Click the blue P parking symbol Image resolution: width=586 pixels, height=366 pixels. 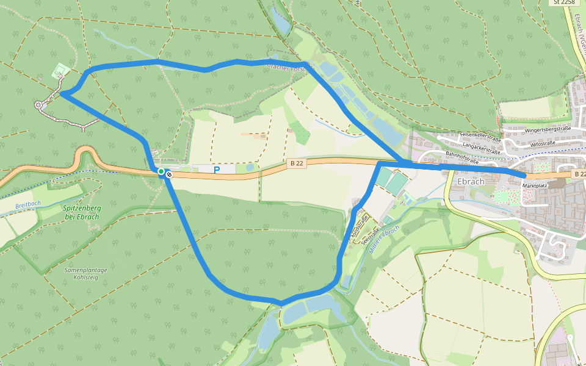coord(216,170)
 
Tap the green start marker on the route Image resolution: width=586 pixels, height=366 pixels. coord(161,172)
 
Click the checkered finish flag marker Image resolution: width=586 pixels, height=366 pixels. coord(169,174)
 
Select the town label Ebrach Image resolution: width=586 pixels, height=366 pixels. coord(470,181)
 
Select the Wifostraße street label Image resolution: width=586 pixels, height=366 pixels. coord(543,143)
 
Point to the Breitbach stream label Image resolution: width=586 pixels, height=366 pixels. coord(27,205)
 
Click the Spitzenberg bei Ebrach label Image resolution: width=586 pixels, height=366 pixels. coord(82,212)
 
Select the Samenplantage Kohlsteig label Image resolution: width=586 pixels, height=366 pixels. coord(85,273)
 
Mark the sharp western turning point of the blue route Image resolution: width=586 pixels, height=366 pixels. coord(61,94)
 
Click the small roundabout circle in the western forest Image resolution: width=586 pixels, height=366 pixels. coord(40,106)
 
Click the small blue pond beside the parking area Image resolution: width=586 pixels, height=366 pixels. coord(250,168)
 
